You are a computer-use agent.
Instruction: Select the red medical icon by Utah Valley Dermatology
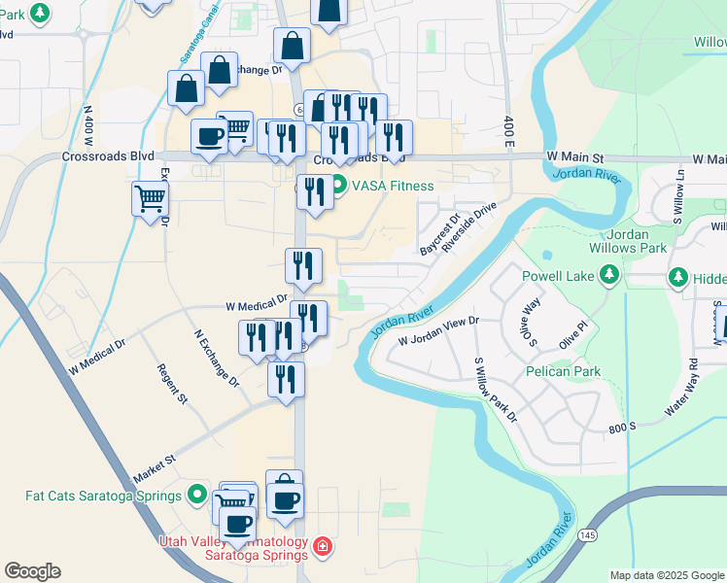tap(322, 548)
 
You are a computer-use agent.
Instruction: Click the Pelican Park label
tap(563, 371)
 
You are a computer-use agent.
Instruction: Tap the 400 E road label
tap(508, 124)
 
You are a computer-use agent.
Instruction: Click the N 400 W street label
tap(87, 121)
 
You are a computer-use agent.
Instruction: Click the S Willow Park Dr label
tap(495, 390)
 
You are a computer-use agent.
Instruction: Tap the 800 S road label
tap(621, 426)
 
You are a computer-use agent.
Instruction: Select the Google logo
tap(32, 571)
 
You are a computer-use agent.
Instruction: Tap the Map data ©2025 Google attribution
tap(668, 575)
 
